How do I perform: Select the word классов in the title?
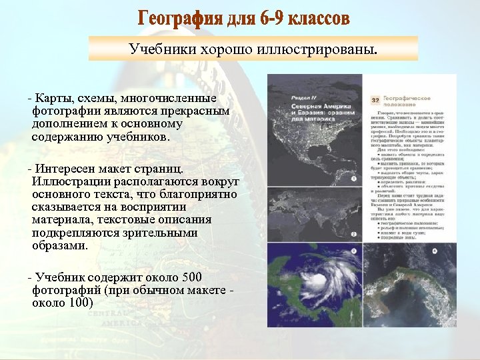click(x=319, y=19)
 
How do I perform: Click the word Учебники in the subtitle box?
click(x=156, y=49)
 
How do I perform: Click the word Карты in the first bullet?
click(x=55, y=99)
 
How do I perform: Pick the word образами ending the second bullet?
click(x=60, y=245)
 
